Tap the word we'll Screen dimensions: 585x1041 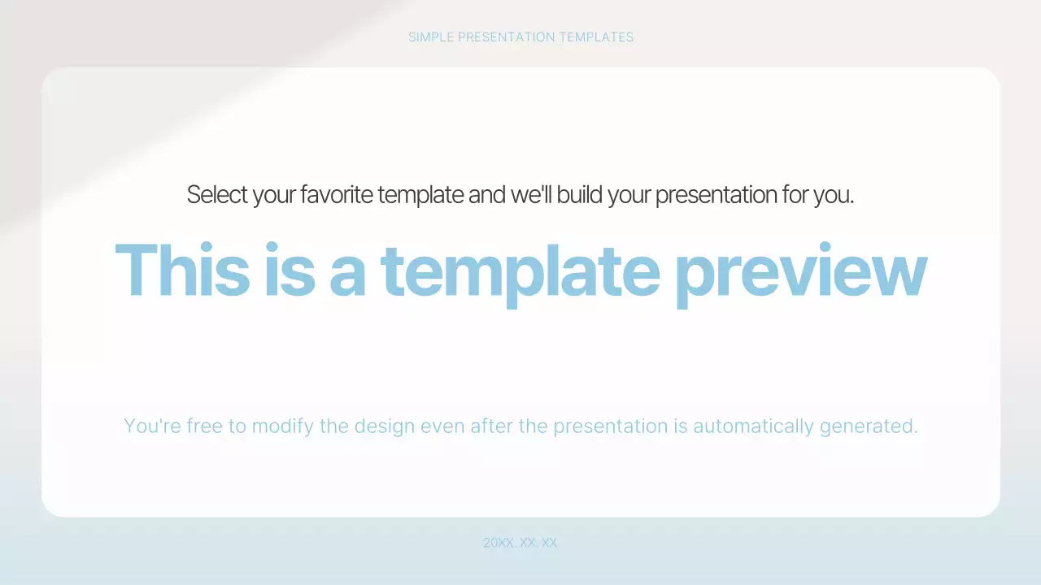point(531,195)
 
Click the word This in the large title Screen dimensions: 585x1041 point(181,271)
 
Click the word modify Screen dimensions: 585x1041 point(283,426)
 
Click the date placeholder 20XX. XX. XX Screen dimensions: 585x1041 point(520,543)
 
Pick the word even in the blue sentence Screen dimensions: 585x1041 point(442,426)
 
